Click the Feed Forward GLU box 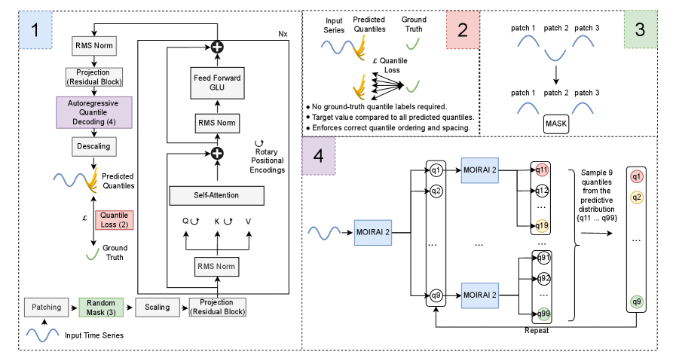pos(217,81)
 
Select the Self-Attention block pos(217,196)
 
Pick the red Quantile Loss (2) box pos(115,219)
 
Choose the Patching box pos(47,307)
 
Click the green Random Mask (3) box pos(101,307)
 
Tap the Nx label pos(282,34)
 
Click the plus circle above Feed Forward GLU pos(217,46)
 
